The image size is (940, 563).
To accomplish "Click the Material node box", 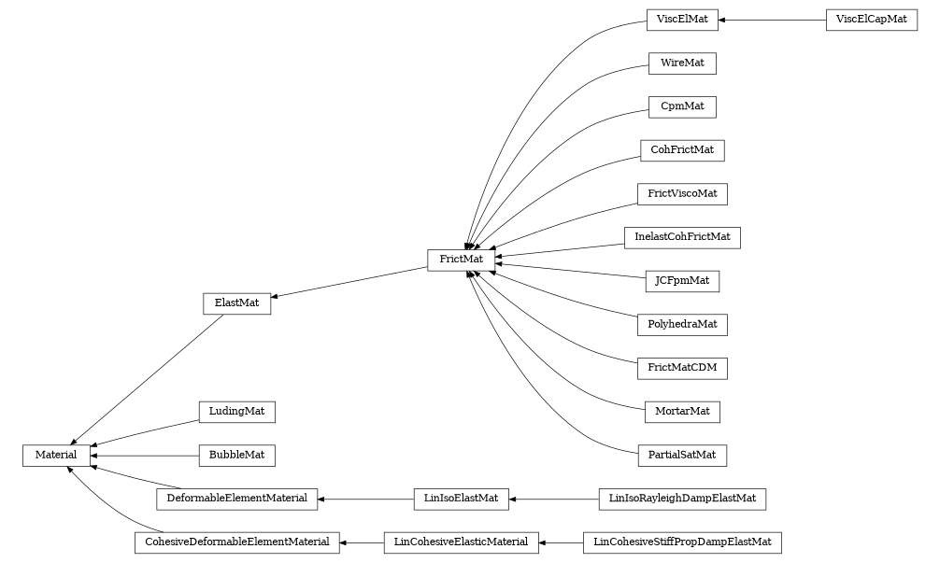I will (56, 455).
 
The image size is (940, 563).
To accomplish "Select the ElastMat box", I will (236, 303).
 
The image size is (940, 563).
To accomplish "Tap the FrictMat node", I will (461, 260).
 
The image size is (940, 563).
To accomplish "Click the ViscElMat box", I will (681, 20).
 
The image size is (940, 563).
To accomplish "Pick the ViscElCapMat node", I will (871, 20).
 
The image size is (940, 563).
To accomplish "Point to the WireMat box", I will (682, 63).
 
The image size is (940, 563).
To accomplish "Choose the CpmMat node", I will (682, 106).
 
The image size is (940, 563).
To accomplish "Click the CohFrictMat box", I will (682, 149).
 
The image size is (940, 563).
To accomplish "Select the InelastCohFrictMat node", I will (682, 237).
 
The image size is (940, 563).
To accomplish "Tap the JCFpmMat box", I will (682, 280).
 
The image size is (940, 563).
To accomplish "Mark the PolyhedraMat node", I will (682, 324).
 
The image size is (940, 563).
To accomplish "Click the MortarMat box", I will (682, 411).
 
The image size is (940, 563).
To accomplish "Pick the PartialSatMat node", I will (682, 455).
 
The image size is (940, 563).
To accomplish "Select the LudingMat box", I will (236, 411).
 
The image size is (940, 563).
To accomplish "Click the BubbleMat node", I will (236, 455).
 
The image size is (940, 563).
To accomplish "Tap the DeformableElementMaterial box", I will (236, 499).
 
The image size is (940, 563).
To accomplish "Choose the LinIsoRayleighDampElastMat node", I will (682, 499).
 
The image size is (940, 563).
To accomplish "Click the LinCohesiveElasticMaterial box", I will (461, 542).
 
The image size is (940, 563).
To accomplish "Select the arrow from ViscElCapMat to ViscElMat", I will (771, 20).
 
